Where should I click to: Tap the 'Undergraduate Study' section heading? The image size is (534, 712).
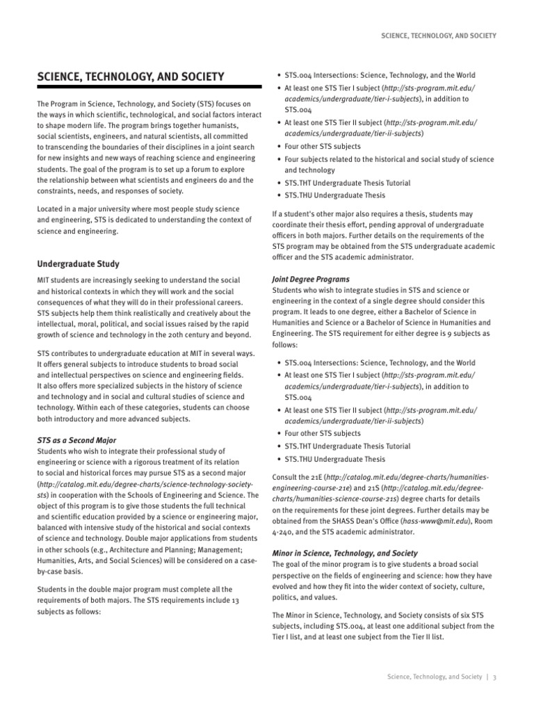(78, 264)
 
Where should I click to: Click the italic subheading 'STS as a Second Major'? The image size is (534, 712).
(76, 440)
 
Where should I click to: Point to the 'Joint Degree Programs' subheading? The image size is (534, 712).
(310, 278)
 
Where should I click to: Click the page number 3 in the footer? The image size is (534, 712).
(494, 681)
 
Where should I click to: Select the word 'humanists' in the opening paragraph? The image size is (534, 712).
(217, 125)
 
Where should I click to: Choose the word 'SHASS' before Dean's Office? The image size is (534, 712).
(328, 521)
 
